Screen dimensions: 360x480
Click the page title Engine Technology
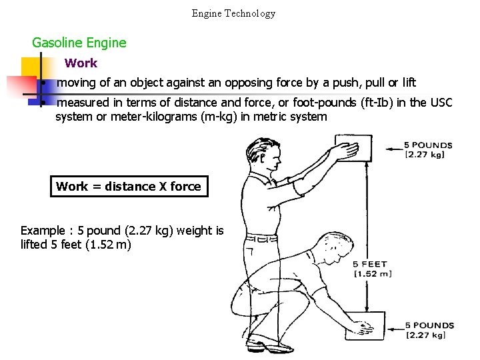(233, 13)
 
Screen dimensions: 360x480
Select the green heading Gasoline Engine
(79, 43)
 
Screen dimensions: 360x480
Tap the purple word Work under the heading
(81, 63)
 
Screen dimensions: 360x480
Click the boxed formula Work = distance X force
(129, 187)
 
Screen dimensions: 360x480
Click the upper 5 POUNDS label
(428, 145)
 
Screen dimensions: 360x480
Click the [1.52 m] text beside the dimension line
(372, 274)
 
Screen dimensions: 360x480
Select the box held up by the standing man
(353, 148)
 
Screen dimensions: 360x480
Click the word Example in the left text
(43, 231)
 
